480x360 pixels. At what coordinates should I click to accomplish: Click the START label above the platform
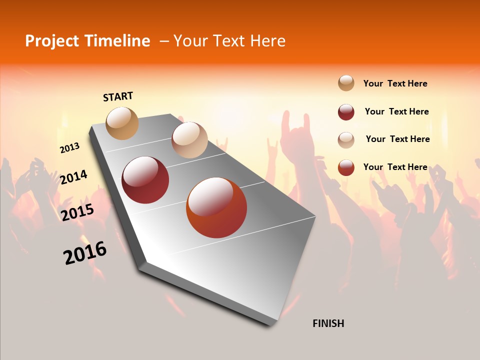click(118, 96)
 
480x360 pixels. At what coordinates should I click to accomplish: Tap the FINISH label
click(328, 323)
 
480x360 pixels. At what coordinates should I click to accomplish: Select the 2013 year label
click(70, 148)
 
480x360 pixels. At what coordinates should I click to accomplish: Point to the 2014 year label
click(73, 177)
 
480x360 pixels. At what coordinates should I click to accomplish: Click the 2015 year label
click(77, 212)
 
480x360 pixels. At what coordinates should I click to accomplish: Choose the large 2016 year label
click(85, 252)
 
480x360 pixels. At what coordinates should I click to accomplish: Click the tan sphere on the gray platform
click(122, 123)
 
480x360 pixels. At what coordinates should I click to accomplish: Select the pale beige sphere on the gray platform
click(189, 140)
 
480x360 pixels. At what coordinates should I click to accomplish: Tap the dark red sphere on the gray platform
click(145, 180)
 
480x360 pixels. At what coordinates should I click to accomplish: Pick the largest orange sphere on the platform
click(216, 207)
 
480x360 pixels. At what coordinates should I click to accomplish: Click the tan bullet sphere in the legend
click(346, 83)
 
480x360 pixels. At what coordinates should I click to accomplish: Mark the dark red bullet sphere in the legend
click(346, 112)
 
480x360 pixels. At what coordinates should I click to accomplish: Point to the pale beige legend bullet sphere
click(346, 140)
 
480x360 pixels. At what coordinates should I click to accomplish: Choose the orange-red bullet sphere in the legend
click(346, 167)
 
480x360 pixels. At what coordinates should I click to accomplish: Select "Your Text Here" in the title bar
click(229, 41)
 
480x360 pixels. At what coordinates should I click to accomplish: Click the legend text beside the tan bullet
click(395, 83)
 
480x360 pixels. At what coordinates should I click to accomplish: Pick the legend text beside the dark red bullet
click(397, 111)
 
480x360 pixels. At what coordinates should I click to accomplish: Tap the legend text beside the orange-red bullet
click(395, 167)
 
